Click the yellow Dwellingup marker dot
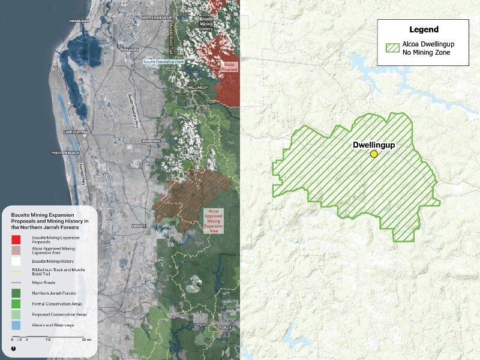(374, 154)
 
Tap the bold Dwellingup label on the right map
(373, 145)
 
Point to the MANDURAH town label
(79, 20)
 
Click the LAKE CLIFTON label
(76, 131)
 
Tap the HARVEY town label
(138, 226)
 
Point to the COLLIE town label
(224, 327)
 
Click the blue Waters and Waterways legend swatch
(16, 325)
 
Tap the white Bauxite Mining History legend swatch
(16, 262)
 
